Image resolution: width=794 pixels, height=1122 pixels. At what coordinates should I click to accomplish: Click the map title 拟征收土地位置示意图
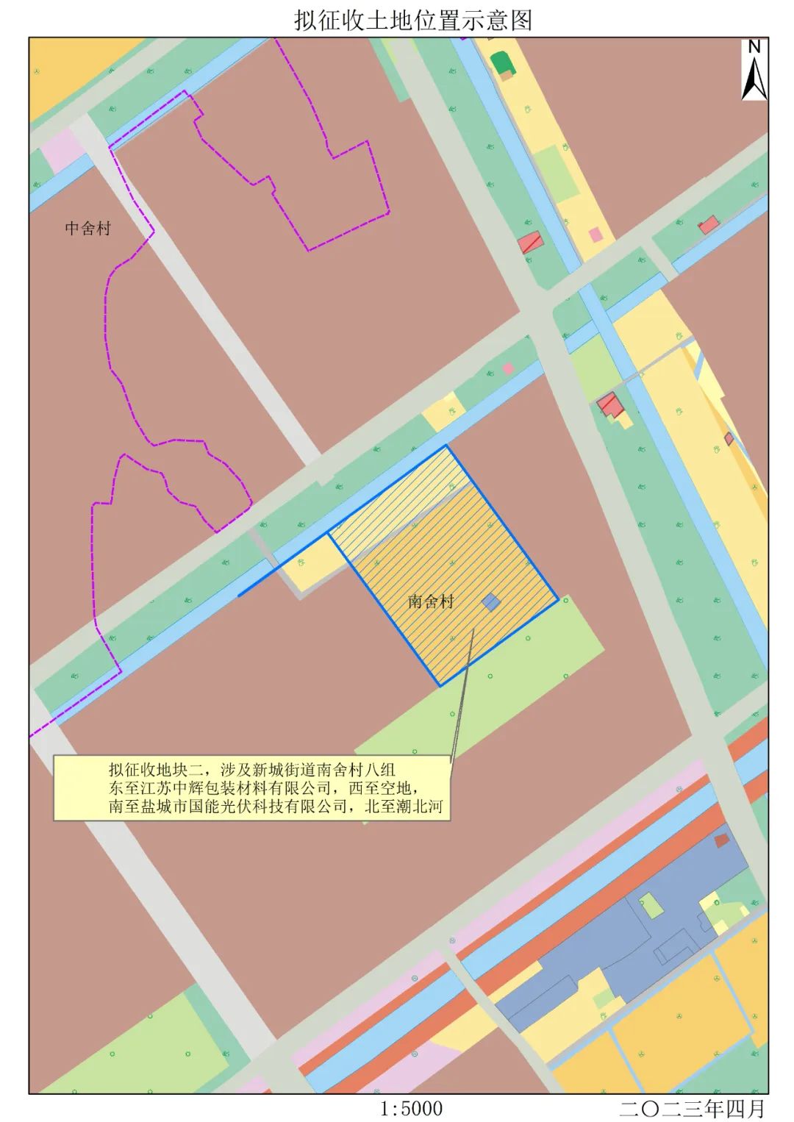point(412,19)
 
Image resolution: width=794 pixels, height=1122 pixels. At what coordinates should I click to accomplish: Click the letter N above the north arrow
point(754,46)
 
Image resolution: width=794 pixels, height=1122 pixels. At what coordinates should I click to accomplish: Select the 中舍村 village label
point(87,228)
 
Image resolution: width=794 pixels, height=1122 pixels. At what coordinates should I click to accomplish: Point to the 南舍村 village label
point(431,601)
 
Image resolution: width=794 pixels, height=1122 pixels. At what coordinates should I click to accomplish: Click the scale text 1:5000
point(412,1107)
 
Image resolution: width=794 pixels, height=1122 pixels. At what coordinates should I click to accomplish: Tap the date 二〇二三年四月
point(693,1107)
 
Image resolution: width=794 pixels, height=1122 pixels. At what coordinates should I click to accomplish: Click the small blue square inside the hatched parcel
point(491,603)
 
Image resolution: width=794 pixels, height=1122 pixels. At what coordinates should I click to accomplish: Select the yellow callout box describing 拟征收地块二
point(251,788)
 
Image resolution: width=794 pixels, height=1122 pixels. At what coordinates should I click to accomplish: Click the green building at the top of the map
point(503,64)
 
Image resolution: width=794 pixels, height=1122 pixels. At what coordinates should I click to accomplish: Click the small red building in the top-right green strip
point(708,225)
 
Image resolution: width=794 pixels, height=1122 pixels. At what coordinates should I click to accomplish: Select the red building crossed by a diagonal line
point(530,243)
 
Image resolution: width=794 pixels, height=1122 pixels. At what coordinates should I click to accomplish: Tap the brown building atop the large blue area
point(722,840)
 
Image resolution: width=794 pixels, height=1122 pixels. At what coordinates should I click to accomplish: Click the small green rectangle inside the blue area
point(651,905)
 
